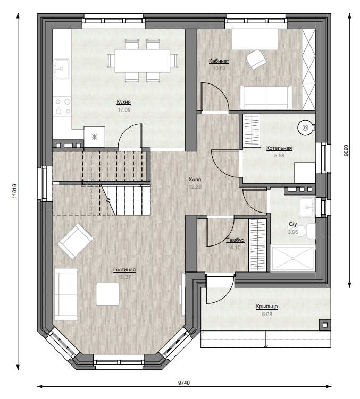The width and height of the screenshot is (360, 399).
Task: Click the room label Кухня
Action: coord(123,102)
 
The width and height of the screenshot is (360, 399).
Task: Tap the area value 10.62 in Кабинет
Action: coord(219,69)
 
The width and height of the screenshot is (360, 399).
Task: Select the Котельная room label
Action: coord(279,148)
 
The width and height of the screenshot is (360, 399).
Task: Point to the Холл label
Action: coord(195,180)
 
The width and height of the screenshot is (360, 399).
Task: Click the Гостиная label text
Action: coord(124,270)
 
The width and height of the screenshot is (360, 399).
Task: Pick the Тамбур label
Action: coord(235,240)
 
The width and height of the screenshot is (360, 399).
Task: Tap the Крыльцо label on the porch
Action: coord(267,307)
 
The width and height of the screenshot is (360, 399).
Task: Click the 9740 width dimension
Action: coord(184,383)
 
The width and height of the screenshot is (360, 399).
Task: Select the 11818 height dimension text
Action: coord(14,191)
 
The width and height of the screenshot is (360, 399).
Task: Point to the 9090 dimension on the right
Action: coord(346,150)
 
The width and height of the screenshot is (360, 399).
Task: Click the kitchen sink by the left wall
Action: coord(61,69)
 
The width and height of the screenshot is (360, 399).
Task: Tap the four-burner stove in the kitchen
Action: coord(63,106)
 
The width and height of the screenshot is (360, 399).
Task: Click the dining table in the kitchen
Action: coord(142,61)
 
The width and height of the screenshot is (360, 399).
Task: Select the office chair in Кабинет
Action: coord(256,60)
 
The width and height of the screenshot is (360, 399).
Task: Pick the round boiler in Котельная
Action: coord(305,127)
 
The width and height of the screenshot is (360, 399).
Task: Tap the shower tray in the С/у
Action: coord(292,258)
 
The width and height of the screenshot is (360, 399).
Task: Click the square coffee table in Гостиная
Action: coord(107,294)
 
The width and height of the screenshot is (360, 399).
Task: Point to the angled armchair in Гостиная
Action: coord(76,241)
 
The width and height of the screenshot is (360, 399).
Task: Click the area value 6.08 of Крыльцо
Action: coord(267,315)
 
